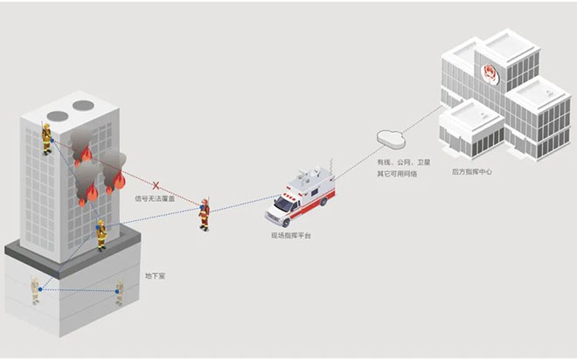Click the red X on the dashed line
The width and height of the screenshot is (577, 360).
[156, 185]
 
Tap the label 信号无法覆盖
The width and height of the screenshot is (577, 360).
[155, 199]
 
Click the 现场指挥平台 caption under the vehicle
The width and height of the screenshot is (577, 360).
[291, 235]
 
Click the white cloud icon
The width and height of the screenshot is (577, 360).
[386, 138]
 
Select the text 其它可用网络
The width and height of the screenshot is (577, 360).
[396, 173]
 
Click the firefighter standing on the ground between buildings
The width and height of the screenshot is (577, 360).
[204, 212]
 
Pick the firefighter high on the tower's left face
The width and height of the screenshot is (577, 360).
[47, 138]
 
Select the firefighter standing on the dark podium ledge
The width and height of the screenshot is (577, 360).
[101, 233]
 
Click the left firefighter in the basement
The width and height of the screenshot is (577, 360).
[36, 290]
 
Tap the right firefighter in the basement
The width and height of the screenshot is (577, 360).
[119, 293]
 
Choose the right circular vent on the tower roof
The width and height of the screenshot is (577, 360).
[82, 106]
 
